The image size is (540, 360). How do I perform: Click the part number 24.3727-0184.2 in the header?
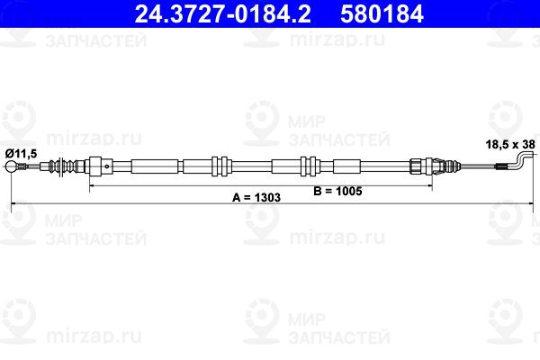click(223, 13)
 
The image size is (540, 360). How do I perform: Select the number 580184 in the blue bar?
click(382, 13)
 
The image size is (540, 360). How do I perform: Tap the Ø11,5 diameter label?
click(21, 153)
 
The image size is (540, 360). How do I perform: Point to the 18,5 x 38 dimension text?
click(510, 144)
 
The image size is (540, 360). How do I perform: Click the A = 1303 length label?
click(256, 197)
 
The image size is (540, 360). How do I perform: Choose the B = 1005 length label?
click(337, 191)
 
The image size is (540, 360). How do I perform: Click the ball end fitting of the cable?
click(11, 166)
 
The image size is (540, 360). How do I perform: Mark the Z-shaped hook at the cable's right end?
click(523, 163)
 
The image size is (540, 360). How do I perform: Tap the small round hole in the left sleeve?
click(107, 166)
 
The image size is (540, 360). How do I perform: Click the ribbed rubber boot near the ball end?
click(62, 166)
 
